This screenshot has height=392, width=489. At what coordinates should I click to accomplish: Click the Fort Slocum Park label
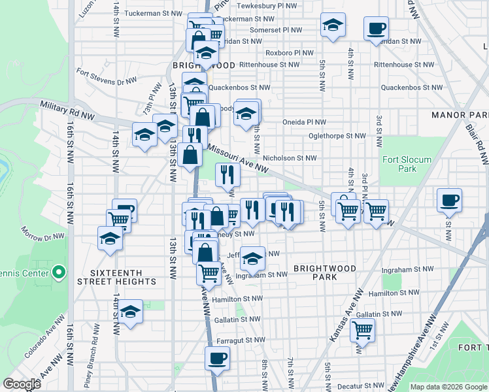pos(399,164)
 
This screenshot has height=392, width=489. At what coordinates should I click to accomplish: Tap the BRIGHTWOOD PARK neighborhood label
pos(325,272)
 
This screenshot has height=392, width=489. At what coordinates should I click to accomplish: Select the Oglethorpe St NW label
pos(337,136)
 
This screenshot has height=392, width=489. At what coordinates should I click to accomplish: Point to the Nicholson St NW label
pos(289,157)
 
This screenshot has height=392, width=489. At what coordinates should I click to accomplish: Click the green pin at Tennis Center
pos(58,270)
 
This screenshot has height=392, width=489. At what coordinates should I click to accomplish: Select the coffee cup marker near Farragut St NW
pos(217,357)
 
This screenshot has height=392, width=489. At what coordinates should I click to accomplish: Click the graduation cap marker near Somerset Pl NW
pos(333,25)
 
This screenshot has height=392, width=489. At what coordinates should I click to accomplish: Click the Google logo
pos(22,384)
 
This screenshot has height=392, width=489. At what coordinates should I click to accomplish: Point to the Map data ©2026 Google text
pos(448,387)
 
